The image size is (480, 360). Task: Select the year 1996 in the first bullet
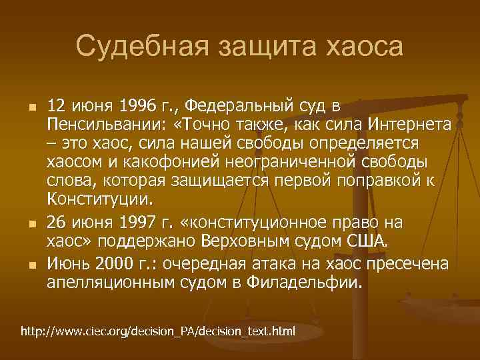[x=136, y=106]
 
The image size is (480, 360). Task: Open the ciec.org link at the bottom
[x=158, y=331]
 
